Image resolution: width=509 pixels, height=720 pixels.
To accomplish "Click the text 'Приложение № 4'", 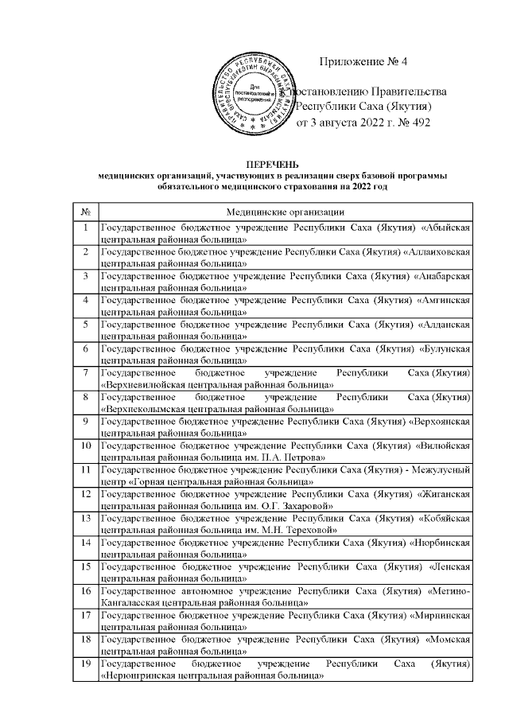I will [x=363, y=61].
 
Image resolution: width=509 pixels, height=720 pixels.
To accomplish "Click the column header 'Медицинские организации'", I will [x=285, y=212].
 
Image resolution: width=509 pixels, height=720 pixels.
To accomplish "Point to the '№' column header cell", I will [x=84, y=212].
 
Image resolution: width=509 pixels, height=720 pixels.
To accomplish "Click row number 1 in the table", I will [x=84, y=229].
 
